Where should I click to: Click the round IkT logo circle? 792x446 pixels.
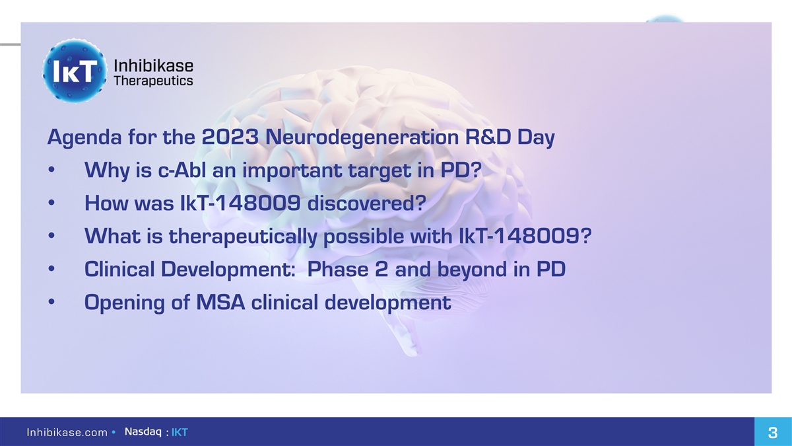click(x=75, y=71)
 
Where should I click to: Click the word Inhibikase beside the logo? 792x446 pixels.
click(x=153, y=66)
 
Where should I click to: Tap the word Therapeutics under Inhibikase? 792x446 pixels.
click(x=153, y=81)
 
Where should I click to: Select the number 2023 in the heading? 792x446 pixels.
click(x=230, y=137)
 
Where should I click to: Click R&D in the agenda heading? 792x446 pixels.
click(x=488, y=137)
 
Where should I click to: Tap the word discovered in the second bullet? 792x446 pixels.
click(x=366, y=204)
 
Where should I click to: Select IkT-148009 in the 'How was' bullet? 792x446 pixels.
click(x=240, y=204)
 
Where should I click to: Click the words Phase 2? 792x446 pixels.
click(x=348, y=269)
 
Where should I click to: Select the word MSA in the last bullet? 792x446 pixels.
click(x=220, y=303)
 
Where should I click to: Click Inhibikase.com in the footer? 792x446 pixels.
click(x=67, y=432)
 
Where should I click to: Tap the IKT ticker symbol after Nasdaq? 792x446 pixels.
click(x=180, y=432)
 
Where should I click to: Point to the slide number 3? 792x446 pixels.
click(x=773, y=433)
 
